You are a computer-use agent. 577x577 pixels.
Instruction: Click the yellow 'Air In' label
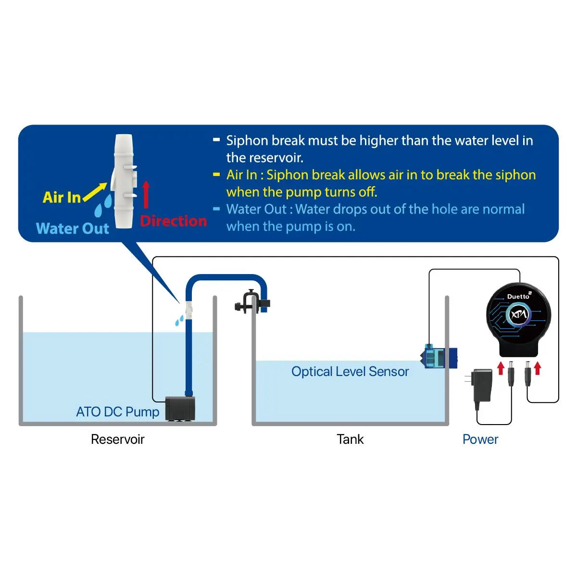(x=62, y=197)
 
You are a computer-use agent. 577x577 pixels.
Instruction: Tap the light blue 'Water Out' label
(x=73, y=228)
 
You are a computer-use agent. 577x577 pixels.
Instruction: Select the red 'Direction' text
(x=173, y=221)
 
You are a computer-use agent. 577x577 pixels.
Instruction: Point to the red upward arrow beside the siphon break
(x=146, y=195)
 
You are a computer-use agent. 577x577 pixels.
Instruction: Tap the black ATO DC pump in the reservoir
(x=180, y=409)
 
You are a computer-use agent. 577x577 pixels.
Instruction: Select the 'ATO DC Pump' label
(x=117, y=412)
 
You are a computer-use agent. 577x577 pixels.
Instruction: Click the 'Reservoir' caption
(x=117, y=439)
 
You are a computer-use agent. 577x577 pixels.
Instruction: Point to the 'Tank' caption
(x=350, y=439)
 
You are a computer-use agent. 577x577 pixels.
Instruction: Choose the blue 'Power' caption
(x=480, y=439)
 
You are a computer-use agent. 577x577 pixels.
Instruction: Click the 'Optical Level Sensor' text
(x=350, y=372)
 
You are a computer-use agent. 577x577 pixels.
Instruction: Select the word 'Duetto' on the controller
(x=518, y=297)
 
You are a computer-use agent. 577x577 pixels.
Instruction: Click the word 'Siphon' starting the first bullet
(x=247, y=140)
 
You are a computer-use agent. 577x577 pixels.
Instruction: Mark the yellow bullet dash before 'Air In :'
(x=216, y=175)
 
